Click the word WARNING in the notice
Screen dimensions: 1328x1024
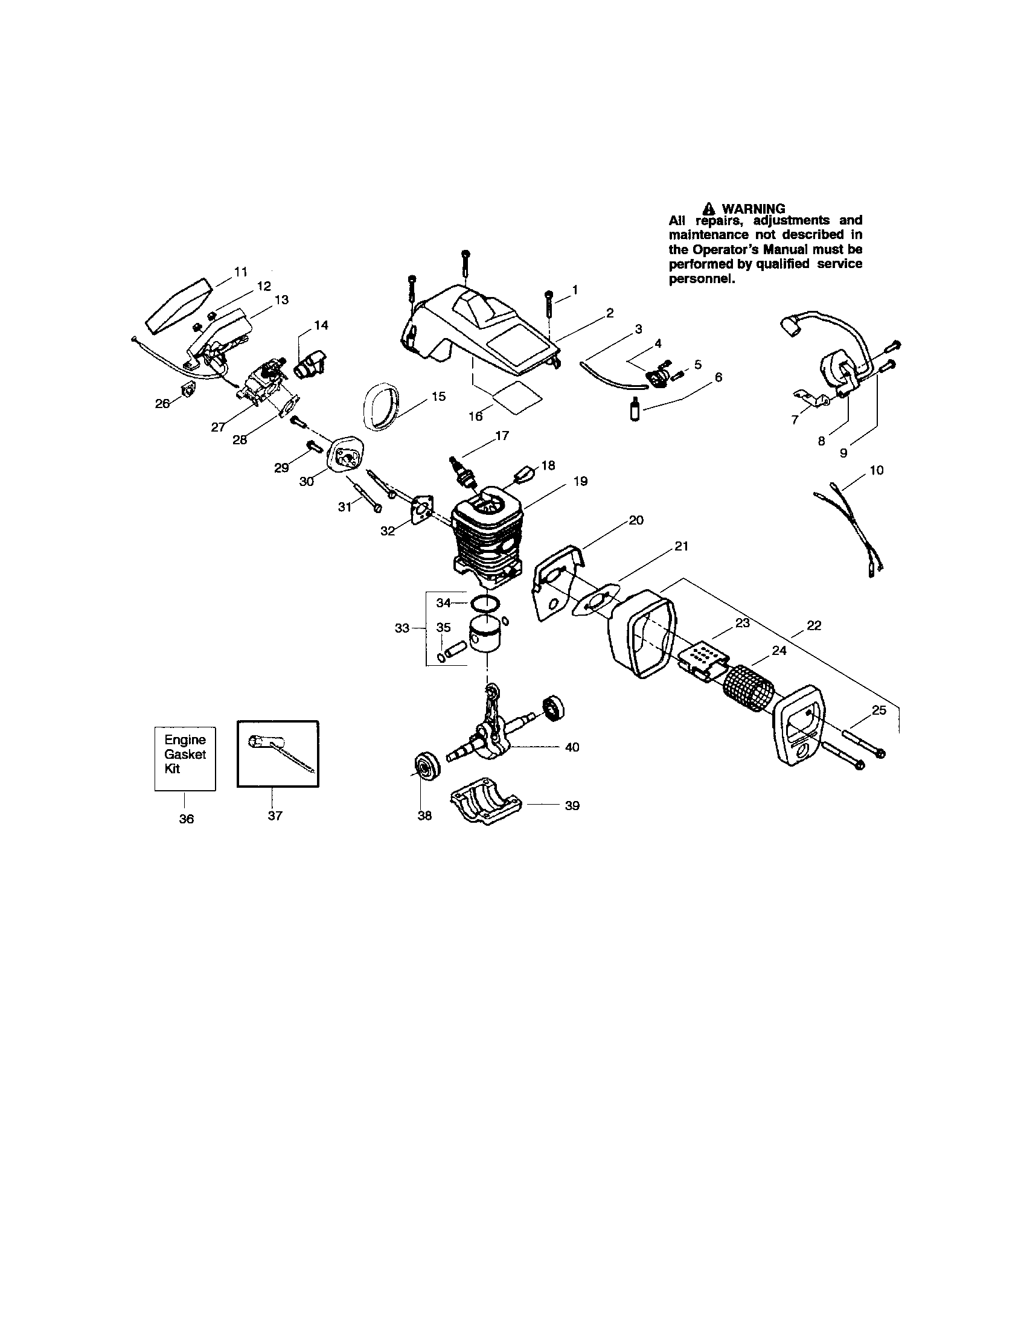753,209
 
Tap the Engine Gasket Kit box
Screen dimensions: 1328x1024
185,758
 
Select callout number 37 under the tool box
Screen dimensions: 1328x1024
275,816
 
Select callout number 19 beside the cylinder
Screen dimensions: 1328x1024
580,481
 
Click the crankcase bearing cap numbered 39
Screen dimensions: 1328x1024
486,805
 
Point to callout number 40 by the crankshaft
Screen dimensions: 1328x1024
572,747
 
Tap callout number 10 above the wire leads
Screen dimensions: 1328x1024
876,470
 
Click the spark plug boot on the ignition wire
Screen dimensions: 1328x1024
790,329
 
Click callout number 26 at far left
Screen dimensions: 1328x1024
162,403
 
